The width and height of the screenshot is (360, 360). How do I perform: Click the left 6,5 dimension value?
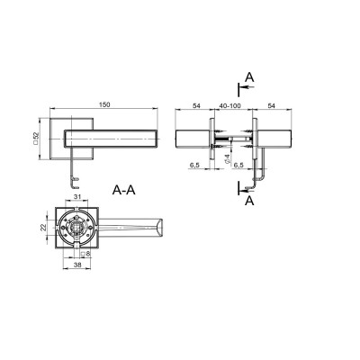pos(195,166)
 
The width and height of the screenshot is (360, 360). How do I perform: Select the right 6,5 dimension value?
pos(238,166)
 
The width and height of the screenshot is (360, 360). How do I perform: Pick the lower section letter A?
pos(249,201)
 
